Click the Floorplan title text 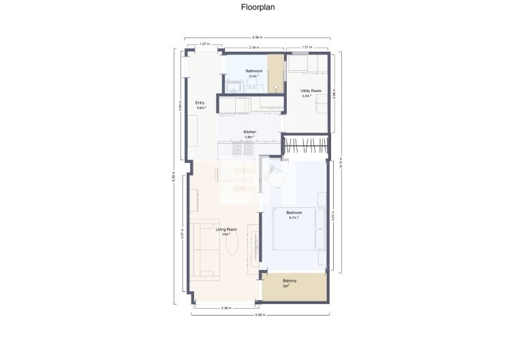[257, 7]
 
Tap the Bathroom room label [254, 72]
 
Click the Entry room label [200, 104]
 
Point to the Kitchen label [249, 133]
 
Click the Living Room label [226, 230]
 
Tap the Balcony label [290, 282]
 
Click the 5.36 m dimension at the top [257, 37]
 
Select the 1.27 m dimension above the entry [203, 44]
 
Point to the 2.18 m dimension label [253, 48]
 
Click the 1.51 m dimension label [307, 48]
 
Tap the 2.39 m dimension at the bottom [226, 308]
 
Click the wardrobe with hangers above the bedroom [306, 145]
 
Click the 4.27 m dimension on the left [182, 235]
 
